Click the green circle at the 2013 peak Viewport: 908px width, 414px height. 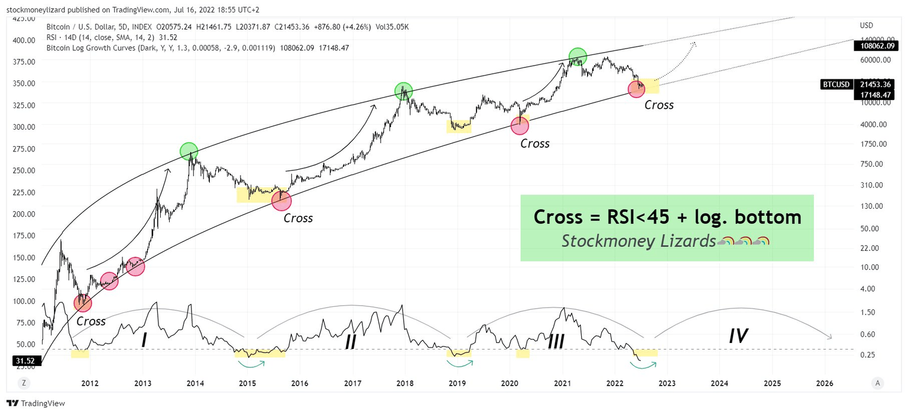pyautogui.click(x=189, y=151)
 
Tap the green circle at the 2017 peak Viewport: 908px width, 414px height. pyautogui.click(x=403, y=91)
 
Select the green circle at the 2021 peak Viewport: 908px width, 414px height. pyautogui.click(x=578, y=57)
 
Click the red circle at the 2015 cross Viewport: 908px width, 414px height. pyautogui.click(x=281, y=201)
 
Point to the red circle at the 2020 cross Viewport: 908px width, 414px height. pyautogui.click(x=520, y=125)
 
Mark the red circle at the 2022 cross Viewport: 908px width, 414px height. pyautogui.click(x=637, y=89)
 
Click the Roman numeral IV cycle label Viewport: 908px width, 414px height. pyautogui.click(x=738, y=337)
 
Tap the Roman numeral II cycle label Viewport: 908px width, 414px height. pyautogui.click(x=351, y=341)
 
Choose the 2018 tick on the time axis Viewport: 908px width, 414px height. pyautogui.click(x=405, y=383)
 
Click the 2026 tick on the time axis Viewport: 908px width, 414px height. pyautogui.click(x=824, y=383)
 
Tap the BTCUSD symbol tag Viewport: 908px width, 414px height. pyautogui.click(x=836, y=85)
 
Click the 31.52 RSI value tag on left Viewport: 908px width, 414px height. pyautogui.click(x=24, y=360)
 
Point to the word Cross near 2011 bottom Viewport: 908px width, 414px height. pyautogui.click(x=91, y=321)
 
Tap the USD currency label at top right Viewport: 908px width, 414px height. pyautogui.click(x=867, y=25)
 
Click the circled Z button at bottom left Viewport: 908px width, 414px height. pyautogui.click(x=24, y=383)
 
